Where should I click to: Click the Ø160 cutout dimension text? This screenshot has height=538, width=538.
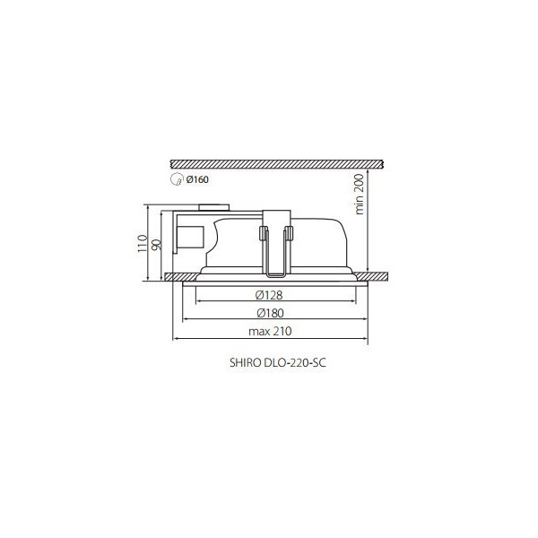[197, 179]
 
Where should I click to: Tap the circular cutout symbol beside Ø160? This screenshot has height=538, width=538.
[176, 179]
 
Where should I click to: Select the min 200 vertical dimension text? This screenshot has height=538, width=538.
[360, 195]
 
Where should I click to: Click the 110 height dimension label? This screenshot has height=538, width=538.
[143, 243]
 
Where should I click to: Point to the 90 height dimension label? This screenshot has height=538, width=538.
[156, 244]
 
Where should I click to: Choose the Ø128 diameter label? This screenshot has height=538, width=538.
[269, 295]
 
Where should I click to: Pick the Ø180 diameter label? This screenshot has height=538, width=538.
[271, 313]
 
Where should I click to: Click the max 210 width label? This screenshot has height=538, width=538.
[270, 331]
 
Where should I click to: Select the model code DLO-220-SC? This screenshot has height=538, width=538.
[295, 363]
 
